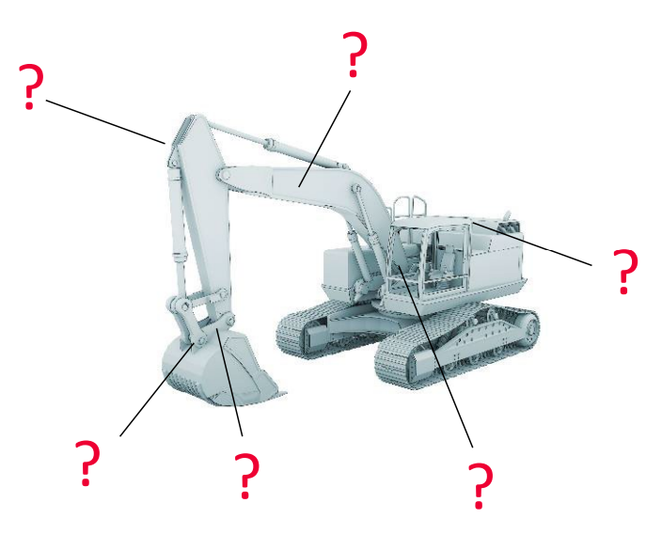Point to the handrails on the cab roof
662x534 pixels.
[x=409, y=207]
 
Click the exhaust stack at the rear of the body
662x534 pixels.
[x=509, y=222]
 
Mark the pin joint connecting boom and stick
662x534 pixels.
[x=224, y=174]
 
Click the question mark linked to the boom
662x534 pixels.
[x=355, y=54]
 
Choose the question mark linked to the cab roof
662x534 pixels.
[x=624, y=271]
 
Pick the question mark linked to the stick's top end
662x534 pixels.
[x=30, y=86]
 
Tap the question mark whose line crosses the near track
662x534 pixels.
[x=481, y=485]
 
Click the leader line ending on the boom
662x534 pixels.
[x=324, y=139]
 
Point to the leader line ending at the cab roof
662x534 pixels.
[x=532, y=243]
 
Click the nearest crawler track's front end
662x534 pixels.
[x=390, y=363]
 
